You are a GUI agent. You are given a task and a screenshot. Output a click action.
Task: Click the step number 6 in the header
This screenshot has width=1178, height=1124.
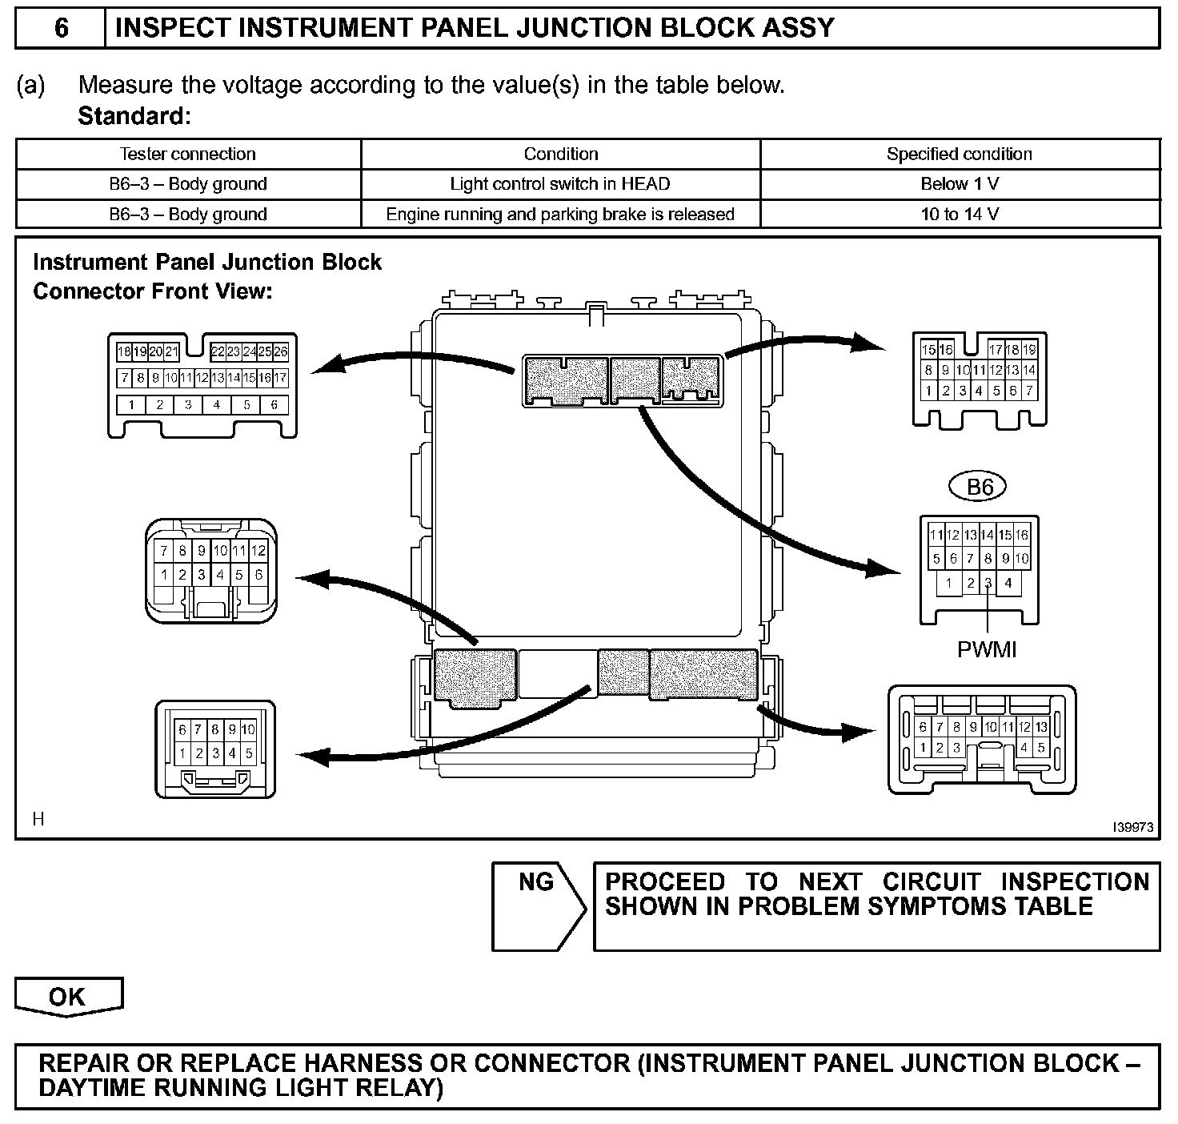pyautogui.click(x=61, y=29)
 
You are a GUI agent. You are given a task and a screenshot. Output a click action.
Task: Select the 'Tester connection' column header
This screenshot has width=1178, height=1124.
pyautogui.click(x=188, y=154)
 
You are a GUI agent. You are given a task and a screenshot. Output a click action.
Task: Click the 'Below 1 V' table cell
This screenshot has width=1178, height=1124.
pyautogui.click(x=960, y=184)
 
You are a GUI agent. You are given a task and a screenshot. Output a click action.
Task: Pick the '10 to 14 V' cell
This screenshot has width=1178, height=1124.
pyautogui.click(x=960, y=215)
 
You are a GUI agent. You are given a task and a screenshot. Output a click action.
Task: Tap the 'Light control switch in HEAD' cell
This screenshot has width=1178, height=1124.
pyautogui.click(x=560, y=184)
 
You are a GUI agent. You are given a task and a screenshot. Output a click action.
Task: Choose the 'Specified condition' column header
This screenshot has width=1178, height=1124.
pyautogui.click(x=960, y=154)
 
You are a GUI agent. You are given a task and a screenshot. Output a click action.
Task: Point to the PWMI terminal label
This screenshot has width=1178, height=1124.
pyautogui.click(x=987, y=649)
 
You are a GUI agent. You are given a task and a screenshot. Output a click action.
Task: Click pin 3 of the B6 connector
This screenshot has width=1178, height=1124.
pyautogui.click(x=988, y=583)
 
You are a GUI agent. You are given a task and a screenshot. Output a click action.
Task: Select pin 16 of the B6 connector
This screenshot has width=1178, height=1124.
pyautogui.click(x=1022, y=536)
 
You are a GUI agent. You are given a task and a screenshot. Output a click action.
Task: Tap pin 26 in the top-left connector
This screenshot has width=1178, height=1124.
pyautogui.click(x=280, y=351)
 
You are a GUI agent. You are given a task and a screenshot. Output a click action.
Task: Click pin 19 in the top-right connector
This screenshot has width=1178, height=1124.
pyautogui.click(x=1029, y=350)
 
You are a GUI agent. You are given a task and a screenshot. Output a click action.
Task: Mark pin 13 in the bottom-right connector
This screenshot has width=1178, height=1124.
pyautogui.click(x=1041, y=728)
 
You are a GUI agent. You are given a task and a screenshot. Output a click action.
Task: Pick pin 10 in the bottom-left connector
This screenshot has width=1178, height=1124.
pyautogui.click(x=248, y=729)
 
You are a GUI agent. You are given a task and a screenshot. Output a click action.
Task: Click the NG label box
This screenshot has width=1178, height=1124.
pyautogui.click(x=536, y=883)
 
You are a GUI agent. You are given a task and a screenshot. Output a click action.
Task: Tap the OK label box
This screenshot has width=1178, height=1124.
pyautogui.click(x=67, y=997)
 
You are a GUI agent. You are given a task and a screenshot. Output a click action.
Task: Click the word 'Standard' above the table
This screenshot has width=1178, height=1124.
pyautogui.click(x=132, y=117)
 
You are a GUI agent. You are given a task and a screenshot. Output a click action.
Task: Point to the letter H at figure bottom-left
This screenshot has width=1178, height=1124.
pyautogui.click(x=38, y=818)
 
